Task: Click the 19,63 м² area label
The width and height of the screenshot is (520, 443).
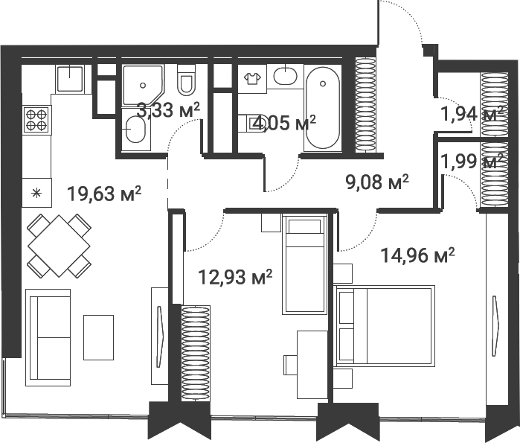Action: click(104, 194)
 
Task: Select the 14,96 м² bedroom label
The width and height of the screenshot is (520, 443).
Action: click(417, 256)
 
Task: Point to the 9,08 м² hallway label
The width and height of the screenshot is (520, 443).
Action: click(378, 182)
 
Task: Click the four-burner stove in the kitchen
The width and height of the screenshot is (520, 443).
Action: click(36, 118)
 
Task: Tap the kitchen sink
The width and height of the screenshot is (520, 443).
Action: click(70, 78)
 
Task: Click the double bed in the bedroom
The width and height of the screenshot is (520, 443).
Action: click(384, 325)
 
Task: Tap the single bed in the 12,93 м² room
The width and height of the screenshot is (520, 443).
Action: click(304, 264)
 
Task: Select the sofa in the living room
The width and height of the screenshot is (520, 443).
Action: click(48, 337)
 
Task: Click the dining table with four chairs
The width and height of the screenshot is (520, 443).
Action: click(59, 244)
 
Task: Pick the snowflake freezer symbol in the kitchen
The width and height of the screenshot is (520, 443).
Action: click(36, 193)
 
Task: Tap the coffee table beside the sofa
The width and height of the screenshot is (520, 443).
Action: click(98, 337)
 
